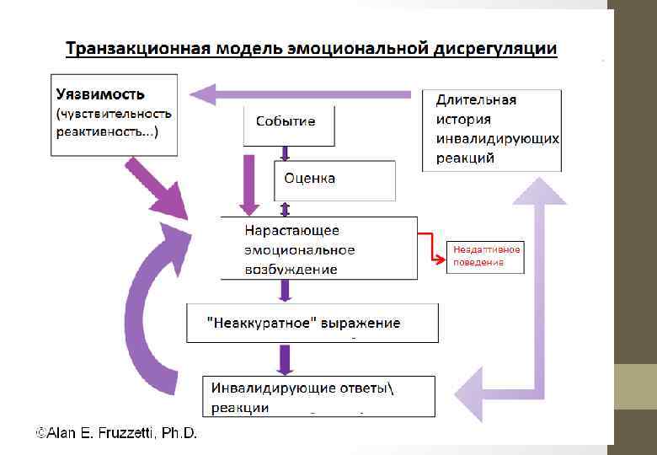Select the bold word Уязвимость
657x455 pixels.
coord(100,94)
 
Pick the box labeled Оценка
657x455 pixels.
coord(309,179)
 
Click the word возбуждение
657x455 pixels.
coord(291,269)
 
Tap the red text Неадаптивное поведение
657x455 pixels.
coord(487,255)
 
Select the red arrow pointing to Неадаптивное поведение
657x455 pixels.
coord(433,249)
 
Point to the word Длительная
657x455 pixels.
coord(477,99)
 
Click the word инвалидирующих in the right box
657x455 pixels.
coord(498,138)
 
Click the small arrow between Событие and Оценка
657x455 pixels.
coord(286,153)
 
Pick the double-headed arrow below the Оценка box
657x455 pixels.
coord(286,208)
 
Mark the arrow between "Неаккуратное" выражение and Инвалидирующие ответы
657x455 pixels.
coord(286,358)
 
